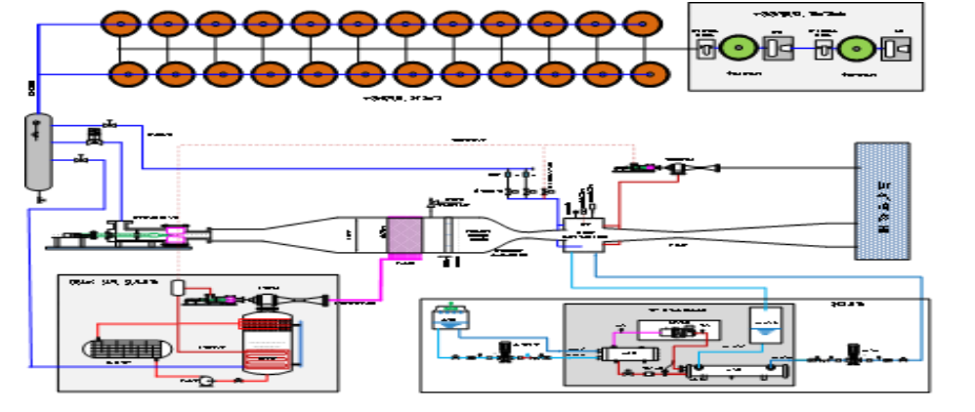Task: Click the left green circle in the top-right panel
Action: (738, 46)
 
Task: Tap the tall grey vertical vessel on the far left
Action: (38, 151)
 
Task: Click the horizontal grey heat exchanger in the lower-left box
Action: (128, 348)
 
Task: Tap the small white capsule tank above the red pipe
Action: (178, 288)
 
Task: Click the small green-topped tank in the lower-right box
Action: (449, 317)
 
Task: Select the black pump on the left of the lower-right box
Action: (505, 350)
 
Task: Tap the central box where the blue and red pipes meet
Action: (582, 234)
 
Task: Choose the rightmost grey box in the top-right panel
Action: (894, 46)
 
